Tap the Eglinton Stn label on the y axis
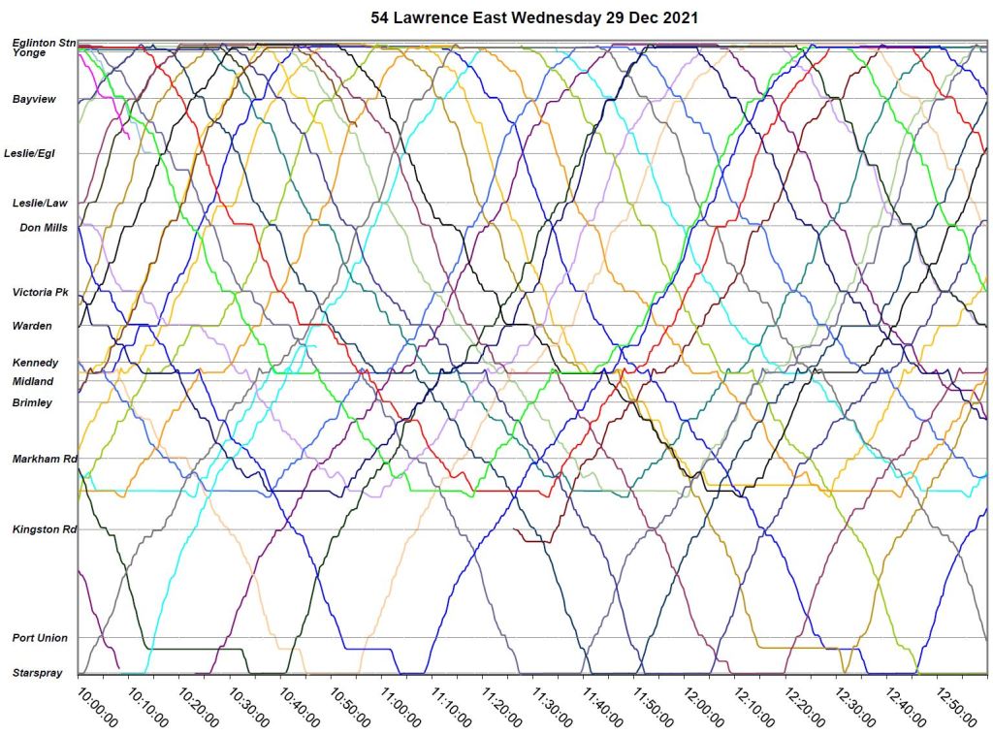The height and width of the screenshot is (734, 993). [44, 43]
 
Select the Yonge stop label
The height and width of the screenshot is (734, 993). [28, 53]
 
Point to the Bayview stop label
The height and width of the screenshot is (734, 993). [34, 99]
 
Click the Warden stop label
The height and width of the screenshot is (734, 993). [32, 326]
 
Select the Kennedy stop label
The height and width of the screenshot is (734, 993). [35, 363]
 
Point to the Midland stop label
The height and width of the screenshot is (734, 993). [33, 381]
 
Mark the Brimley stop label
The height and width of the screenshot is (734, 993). [32, 402]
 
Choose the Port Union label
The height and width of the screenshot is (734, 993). [40, 638]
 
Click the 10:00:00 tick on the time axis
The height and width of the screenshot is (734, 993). [99, 709]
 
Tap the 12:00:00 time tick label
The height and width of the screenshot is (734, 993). [700, 709]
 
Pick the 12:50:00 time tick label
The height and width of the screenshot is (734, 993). [952, 709]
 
